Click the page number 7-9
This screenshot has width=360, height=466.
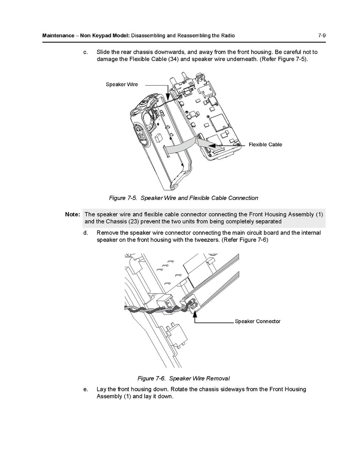coord(322,35)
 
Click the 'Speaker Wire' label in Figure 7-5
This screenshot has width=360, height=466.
coord(122,84)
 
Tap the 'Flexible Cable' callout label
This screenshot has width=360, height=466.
coord(265,145)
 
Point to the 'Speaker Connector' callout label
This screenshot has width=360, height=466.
coord(257,321)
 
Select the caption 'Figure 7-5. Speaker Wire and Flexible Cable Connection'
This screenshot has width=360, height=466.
coord(183,198)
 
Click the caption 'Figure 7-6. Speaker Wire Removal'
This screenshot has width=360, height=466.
coord(183,378)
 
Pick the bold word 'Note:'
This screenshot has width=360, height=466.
coord(73,214)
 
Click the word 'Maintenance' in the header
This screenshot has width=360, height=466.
coord(58,36)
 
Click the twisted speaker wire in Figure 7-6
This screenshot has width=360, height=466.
coord(156,311)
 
